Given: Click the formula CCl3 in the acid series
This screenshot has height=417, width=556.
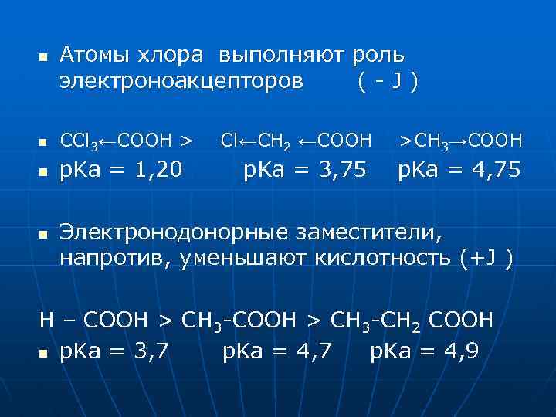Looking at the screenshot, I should pos(80,141).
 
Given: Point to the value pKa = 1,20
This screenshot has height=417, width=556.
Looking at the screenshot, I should pos(121,170).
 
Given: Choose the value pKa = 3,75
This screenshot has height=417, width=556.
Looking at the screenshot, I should pos(305,170).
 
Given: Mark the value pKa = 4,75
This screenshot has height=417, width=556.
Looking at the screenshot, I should pos(459,170).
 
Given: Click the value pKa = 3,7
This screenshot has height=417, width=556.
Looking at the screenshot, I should pos(115,351).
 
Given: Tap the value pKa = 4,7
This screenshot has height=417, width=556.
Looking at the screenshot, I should pos(277,351).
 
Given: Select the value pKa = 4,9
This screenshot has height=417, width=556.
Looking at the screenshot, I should pos(425,351).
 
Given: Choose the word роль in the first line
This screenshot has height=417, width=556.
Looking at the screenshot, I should pos(378,56).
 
